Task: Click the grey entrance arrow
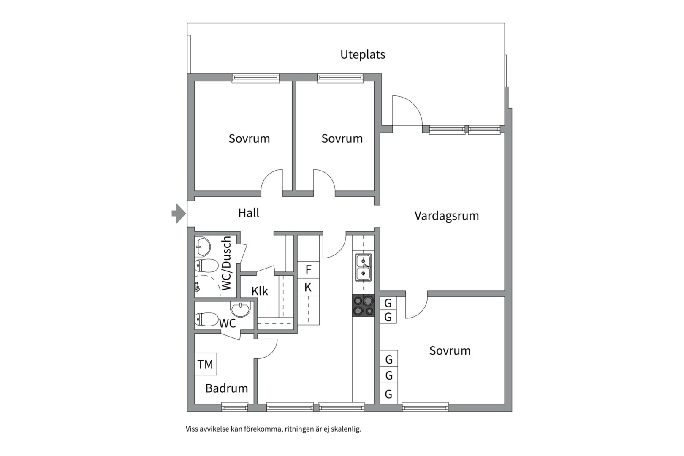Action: (179, 213)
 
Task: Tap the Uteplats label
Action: (363, 54)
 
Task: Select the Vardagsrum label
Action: (446, 216)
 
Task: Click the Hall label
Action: (249, 213)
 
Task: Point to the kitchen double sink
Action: (363, 268)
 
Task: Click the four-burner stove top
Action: (363, 305)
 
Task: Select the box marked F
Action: (308, 269)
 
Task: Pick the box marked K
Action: (308, 288)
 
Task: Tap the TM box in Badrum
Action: (206, 364)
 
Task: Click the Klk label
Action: (260, 291)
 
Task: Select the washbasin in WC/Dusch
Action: (203, 246)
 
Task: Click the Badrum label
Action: (226, 388)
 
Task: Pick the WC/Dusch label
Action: (227, 263)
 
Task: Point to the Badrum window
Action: (235, 407)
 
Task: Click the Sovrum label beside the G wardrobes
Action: (450, 350)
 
